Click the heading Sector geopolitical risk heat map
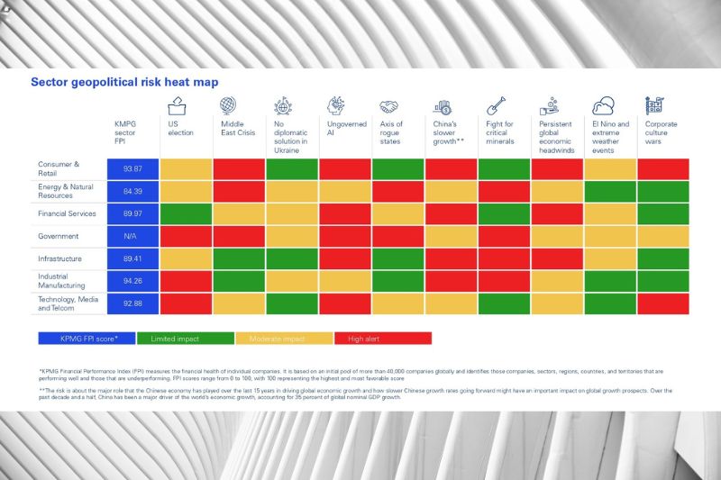(x=124, y=82)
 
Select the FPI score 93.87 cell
(x=133, y=169)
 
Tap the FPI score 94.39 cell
(x=133, y=191)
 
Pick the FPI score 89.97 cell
(x=133, y=213)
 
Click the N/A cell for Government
(x=133, y=236)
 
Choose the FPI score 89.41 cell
(x=133, y=258)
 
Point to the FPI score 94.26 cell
(x=133, y=280)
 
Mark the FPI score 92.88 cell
(x=133, y=303)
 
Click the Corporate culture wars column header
(x=662, y=132)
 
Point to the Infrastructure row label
(x=60, y=258)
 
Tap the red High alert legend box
(x=382, y=338)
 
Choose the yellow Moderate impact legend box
(x=283, y=338)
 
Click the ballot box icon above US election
(x=176, y=104)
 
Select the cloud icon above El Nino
(x=603, y=104)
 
